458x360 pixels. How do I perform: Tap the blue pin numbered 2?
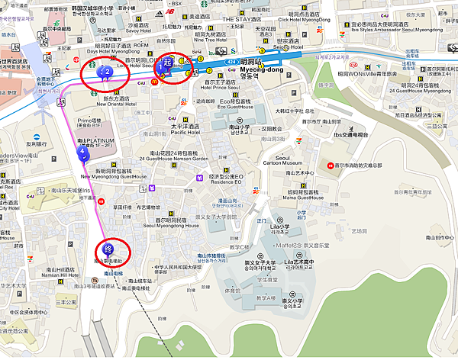(x=108, y=73)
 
